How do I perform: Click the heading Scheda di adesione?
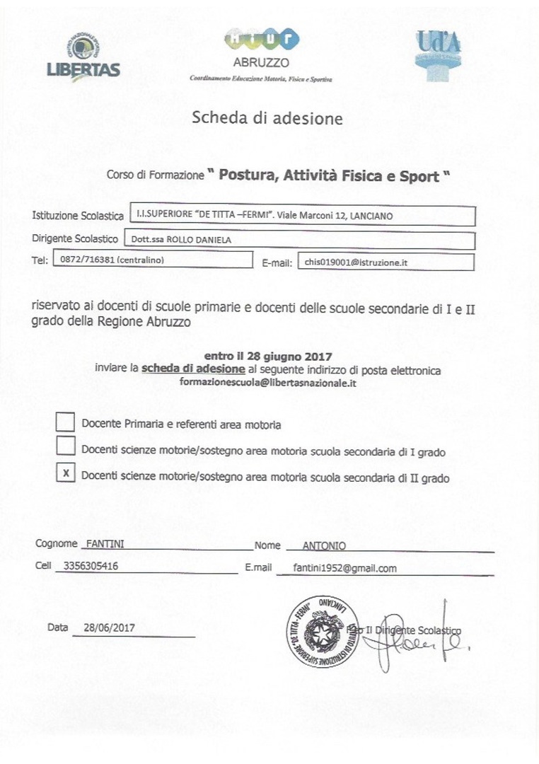(267, 117)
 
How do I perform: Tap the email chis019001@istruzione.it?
(356, 262)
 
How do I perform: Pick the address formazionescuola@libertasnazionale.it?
(268, 382)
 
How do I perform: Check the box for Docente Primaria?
(66, 422)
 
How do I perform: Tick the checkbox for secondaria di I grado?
(66, 446)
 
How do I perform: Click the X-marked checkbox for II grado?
(66, 473)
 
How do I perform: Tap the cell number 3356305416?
(91, 567)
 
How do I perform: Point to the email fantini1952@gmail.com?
(344, 568)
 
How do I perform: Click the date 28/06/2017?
(109, 627)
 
